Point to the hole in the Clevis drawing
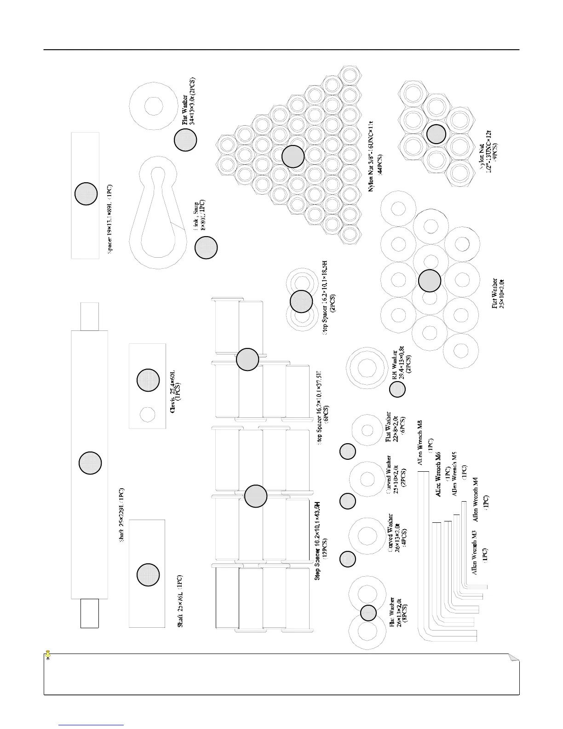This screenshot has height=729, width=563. point(148,413)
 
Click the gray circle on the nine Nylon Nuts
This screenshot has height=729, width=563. point(436,133)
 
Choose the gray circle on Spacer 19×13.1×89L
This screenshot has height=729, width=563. point(86,194)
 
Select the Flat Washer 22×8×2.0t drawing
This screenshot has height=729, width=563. point(367,429)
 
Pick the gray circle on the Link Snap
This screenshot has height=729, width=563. point(206,248)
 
